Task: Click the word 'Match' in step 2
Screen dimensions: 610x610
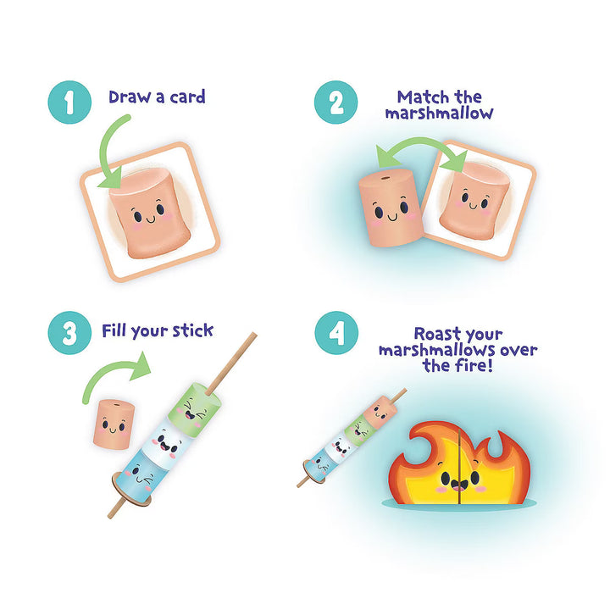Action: (x=417, y=97)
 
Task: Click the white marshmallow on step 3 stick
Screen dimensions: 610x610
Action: (x=170, y=437)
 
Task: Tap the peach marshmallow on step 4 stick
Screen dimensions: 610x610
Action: (x=380, y=413)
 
